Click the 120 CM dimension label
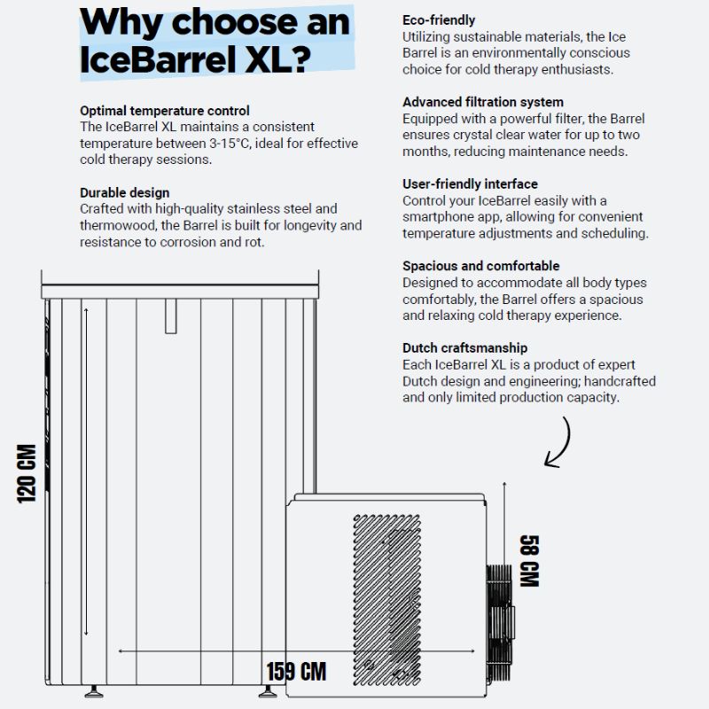[x=26, y=473]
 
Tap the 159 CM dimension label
[x=296, y=671]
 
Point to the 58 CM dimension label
[x=529, y=561]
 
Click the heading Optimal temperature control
[x=165, y=111]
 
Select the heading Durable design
[x=125, y=192]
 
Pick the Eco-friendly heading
[x=439, y=19]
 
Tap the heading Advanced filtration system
[x=483, y=102]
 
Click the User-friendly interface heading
[x=470, y=183]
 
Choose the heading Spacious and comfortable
[x=480, y=266]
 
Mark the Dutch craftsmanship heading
[x=464, y=348]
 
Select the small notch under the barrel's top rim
[x=171, y=316]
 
